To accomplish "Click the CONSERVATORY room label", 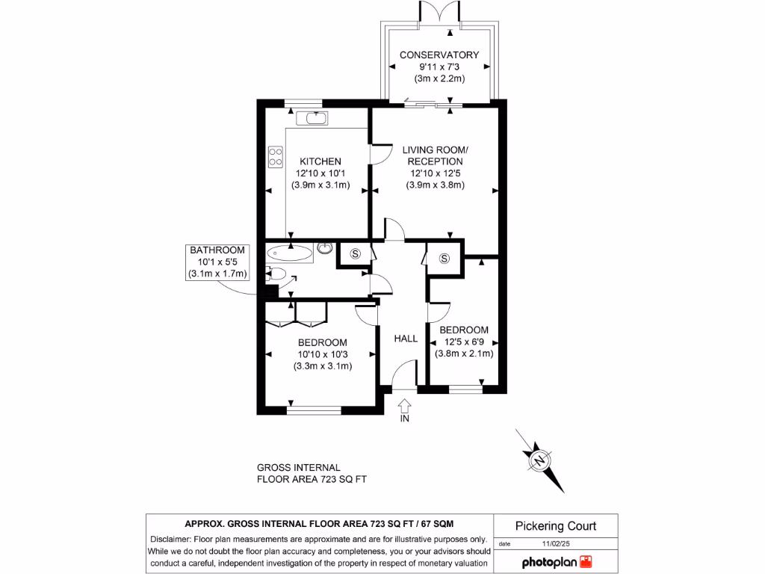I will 439,55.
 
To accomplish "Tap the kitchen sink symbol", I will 311,118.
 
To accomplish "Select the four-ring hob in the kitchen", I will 275,155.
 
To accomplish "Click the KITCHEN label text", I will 320,161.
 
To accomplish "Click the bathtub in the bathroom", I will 289,253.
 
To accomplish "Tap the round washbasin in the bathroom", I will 325,247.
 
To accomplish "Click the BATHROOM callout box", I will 217,262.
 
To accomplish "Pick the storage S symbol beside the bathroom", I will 356,253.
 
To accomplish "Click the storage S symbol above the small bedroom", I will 445,259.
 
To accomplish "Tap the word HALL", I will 406,339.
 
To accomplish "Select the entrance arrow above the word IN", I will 405,405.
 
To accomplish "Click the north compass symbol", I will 539,459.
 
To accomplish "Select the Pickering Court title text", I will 556,526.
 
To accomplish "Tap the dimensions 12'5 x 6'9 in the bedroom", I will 463,342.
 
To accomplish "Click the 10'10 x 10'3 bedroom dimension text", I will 323,354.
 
